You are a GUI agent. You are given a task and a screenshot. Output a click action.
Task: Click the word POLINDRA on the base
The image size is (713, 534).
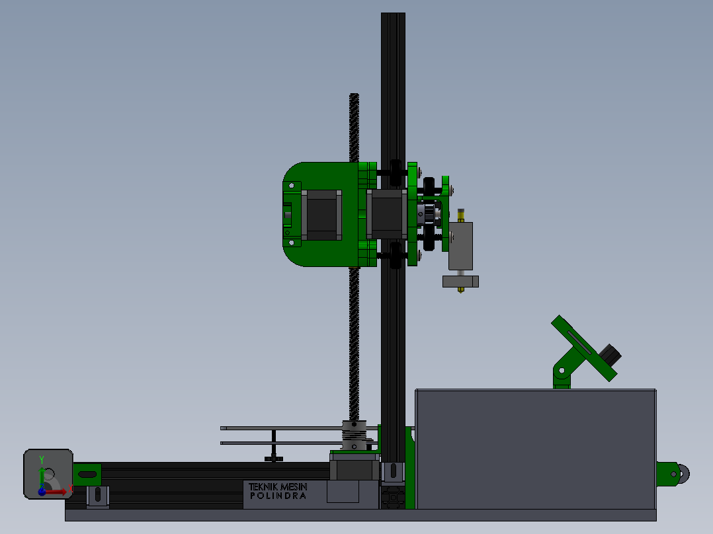point(278,496)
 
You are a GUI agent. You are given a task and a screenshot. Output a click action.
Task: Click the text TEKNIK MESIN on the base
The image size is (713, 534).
point(278,486)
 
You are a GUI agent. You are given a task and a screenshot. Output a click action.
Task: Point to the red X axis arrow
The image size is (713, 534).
point(54,492)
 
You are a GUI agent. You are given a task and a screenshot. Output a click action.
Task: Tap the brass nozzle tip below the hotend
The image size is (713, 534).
point(460,289)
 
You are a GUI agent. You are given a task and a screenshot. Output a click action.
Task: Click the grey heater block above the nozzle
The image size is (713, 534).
point(460,282)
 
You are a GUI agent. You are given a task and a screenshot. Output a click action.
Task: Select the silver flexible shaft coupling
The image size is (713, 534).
point(354,436)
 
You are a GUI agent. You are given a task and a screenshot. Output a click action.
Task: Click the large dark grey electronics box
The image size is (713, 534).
point(536,449)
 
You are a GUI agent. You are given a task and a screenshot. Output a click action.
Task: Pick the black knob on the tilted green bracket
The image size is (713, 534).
point(610,354)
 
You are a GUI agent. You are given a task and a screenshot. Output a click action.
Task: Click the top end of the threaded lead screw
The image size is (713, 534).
point(355,95)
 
